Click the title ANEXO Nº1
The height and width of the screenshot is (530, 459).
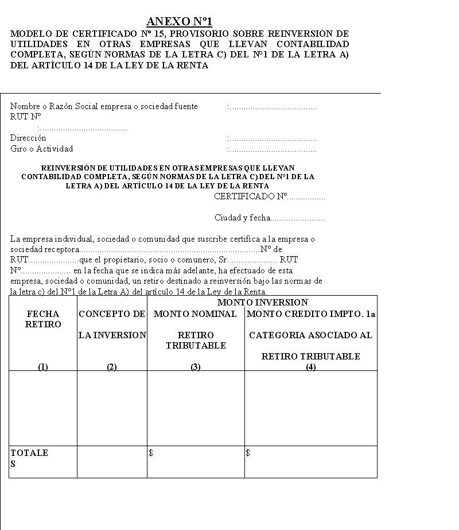pyautogui.click(x=180, y=22)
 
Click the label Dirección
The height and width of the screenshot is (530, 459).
pyautogui.click(x=28, y=138)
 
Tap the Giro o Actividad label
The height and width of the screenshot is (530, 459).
pyautogui.click(x=41, y=149)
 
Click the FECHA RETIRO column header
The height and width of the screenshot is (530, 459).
pyautogui.click(x=43, y=319)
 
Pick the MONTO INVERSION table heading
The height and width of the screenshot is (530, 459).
pyautogui.click(x=262, y=303)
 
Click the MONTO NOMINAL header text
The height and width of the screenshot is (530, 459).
pyautogui.click(x=195, y=314)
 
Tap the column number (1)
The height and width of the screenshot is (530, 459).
pyautogui.click(x=43, y=367)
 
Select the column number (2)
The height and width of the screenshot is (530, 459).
pyautogui.click(x=112, y=367)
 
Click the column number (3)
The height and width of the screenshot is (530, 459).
pyautogui.click(x=196, y=367)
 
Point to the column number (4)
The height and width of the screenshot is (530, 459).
pyautogui.click(x=310, y=367)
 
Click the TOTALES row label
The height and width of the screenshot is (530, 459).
pyautogui.click(x=29, y=458)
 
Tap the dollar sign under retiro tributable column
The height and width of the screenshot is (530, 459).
pyautogui.click(x=151, y=453)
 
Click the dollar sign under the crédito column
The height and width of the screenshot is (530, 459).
pyautogui.click(x=248, y=453)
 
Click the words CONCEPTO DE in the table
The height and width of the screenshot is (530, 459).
pyautogui.click(x=112, y=314)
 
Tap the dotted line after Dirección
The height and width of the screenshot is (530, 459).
pyautogui.click(x=272, y=139)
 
